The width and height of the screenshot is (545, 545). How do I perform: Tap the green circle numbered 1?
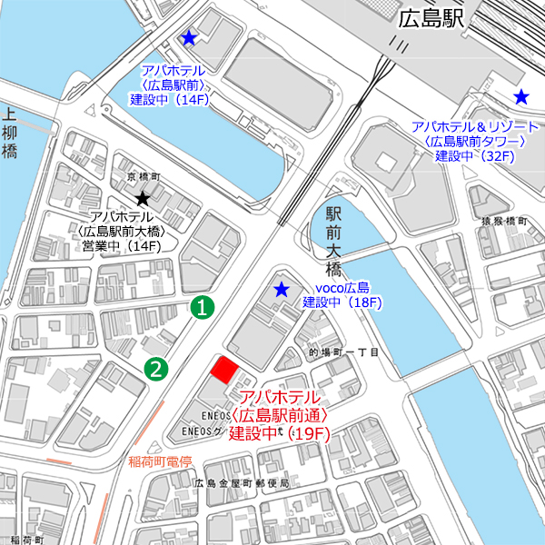[x=204, y=307]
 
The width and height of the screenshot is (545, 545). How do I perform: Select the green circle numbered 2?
[x=157, y=368]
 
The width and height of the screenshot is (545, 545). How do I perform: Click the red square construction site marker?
[x=224, y=370]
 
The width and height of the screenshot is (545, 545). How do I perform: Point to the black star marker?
[x=142, y=198]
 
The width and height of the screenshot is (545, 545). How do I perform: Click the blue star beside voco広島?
[x=282, y=290]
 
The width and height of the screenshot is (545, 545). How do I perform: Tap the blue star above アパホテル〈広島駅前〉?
[x=188, y=38]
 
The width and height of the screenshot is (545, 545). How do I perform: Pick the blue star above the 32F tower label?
[x=521, y=96]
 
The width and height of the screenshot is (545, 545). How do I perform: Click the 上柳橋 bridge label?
[x=10, y=134]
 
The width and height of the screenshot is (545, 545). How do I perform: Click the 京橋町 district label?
[x=144, y=177]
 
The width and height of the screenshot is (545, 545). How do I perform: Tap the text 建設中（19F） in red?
[x=277, y=433]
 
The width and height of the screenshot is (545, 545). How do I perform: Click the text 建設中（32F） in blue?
[x=475, y=156]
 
